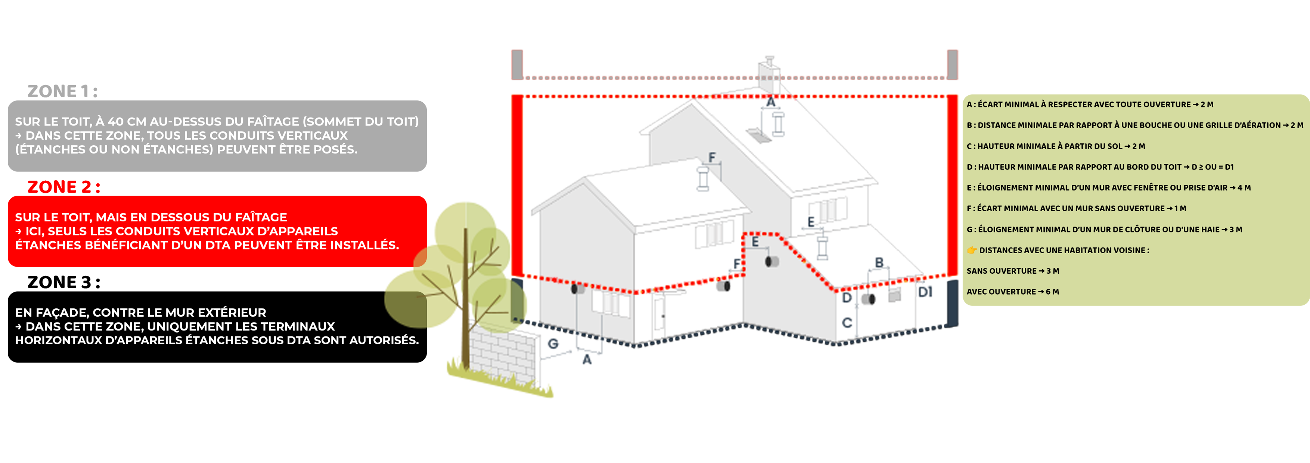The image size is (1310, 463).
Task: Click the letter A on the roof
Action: coord(771,102)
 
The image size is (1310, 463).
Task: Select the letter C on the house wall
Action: coord(847,323)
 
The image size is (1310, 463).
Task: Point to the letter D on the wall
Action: coord(847,298)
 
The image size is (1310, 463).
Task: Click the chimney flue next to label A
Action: coord(778,124)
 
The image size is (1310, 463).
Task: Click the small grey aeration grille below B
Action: coord(894,295)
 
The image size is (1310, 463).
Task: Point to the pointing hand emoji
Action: coord(971,250)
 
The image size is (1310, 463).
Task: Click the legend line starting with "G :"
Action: coord(1104,230)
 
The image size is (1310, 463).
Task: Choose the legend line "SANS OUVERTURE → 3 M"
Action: coord(1012,271)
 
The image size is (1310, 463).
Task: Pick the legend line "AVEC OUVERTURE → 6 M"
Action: coord(1012,292)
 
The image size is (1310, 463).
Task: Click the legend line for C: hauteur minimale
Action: coord(1056,146)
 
